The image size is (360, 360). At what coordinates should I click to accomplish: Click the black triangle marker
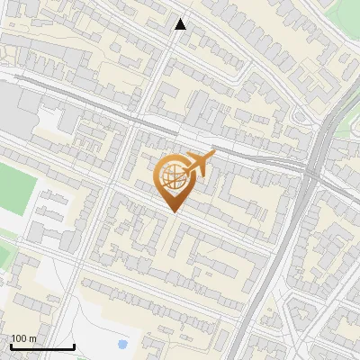coord(181,24)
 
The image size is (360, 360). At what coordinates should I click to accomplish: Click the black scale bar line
coord(42,347)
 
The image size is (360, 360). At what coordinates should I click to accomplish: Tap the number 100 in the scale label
coord(19,338)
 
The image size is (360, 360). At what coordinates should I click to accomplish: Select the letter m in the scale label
coord(32,338)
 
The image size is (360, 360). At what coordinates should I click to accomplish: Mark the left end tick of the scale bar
coord(11,346)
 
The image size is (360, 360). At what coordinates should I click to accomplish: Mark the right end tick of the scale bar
coord(74,346)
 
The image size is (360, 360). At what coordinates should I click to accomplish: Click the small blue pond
coord(122,344)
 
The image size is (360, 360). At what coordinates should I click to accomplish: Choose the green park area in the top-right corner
coord(349,18)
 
